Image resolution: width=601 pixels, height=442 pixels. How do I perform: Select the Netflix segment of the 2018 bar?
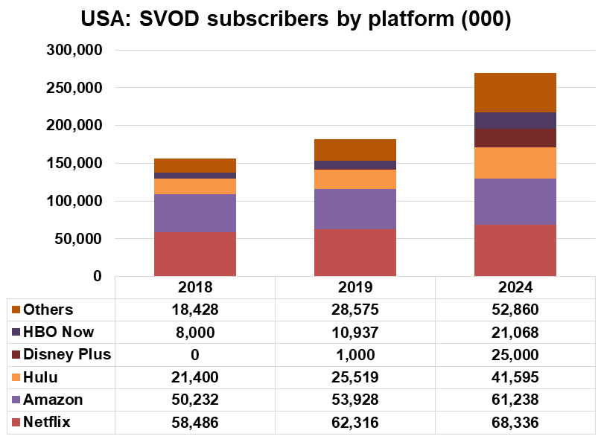click(x=194, y=254)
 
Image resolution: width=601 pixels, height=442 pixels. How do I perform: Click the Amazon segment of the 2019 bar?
click(x=355, y=209)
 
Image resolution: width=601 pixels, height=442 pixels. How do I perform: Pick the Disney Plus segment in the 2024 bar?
click(x=515, y=138)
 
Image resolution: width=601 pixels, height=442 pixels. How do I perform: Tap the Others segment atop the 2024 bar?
click(x=515, y=92)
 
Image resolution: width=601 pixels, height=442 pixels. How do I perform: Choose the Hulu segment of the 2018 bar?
click(x=194, y=186)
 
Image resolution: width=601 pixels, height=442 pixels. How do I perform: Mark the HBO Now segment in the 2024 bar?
click(x=515, y=121)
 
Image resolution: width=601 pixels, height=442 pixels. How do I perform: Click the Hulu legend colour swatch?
click(x=16, y=378)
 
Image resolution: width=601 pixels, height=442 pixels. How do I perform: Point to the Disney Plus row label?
click(x=67, y=355)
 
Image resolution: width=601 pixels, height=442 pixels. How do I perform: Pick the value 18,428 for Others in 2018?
click(x=194, y=310)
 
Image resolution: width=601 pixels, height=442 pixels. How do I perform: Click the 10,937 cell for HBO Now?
click(x=355, y=332)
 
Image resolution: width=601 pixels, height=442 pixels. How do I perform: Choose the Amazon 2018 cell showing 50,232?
click(x=194, y=400)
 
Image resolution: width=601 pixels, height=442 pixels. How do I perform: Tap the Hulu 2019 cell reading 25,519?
click(x=355, y=378)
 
